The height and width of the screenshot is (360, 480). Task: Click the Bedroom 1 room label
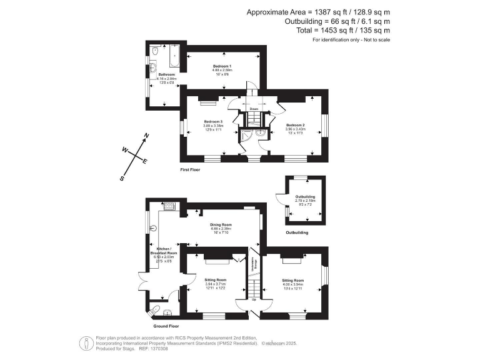pyautogui.click(x=222, y=66)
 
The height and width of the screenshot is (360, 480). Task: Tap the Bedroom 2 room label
pyautogui.click(x=294, y=125)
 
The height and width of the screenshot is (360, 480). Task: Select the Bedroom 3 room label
pyautogui.click(x=213, y=121)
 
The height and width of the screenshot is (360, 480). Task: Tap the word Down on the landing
pyautogui.click(x=254, y=109)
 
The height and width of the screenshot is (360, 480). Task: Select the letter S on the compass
pyautogui.click(x=122, y=179)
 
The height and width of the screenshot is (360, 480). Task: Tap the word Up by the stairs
pyautogui.click(x=254, y=299)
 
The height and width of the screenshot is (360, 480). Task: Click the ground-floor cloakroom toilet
pyautogui.click(x=154, y=309)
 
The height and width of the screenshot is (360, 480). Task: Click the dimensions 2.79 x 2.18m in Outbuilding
pyautogui.click(x=305, y=201)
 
